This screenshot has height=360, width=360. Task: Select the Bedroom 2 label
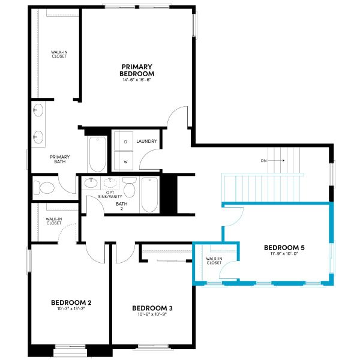click(x=71, y=302)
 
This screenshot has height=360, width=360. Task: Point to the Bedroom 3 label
click(x=152, y=308)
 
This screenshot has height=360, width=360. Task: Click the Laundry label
click(x=147, y=142)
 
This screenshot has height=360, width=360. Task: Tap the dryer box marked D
click(x=125, y=142)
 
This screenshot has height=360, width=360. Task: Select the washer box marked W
click(x=125, y=161)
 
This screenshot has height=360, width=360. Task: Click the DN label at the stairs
click(x=263, y=161)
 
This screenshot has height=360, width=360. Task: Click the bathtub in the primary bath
click(x=97, y=154)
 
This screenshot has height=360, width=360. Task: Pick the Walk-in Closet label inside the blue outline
click(x=214, y=260)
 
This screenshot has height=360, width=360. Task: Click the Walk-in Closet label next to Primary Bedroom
click(x=58, y=56)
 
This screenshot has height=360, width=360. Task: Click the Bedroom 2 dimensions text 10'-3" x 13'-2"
click(x=71, y=310)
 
